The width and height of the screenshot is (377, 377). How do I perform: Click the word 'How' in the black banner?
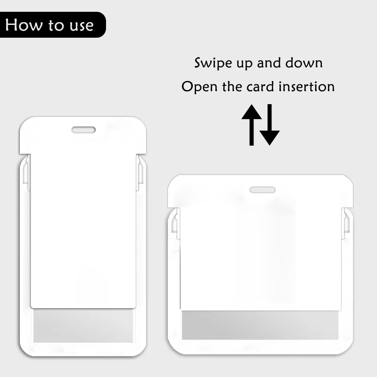pos(24,25)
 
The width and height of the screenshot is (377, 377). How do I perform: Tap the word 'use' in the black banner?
pos(82,26)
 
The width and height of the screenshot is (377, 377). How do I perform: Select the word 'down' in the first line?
pos(304,63)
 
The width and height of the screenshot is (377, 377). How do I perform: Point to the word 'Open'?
pos(199,87)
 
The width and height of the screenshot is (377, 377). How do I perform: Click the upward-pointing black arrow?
pos(252,125)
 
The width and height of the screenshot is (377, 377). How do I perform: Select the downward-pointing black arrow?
pos(270,125)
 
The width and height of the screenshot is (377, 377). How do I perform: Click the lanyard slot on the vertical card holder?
pos(84,130)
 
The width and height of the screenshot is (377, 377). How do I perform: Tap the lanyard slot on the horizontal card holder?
pos(262,190)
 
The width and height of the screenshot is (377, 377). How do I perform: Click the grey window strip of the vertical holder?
pos(83,326)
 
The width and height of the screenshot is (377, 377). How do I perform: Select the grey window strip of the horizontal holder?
pos(260,325)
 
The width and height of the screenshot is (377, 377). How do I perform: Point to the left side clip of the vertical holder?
pos(26,172)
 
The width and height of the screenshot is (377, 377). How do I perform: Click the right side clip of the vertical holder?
pos(140,172)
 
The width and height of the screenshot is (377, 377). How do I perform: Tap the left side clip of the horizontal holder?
pos(176,223)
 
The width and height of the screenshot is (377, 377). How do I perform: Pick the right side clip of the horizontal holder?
pos(346,223)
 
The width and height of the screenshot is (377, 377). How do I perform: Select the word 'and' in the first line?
pos(269,63)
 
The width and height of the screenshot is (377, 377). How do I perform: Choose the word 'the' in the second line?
pos(232,86)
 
